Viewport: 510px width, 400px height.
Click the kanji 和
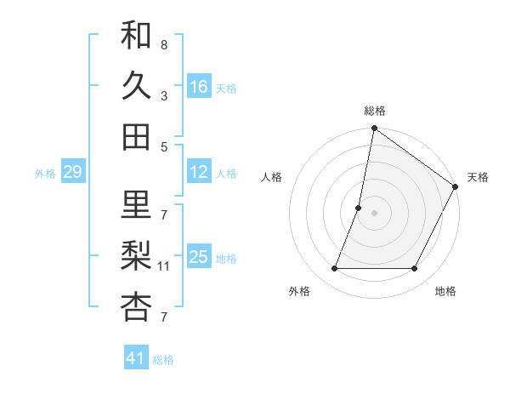click(136, 35)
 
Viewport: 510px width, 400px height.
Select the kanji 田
click(136, 136)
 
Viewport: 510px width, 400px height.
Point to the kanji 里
click(136, 205)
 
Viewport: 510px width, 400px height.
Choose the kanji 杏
click(136, 307)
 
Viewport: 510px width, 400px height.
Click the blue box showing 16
click(199, 87)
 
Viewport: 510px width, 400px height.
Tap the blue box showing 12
click(199, 172)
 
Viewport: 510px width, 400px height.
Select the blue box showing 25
click(199, 257)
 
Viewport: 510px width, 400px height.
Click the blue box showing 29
click(72, 172)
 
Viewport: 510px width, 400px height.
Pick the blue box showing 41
click(136, 358)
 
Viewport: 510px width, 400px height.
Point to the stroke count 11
click(165, 266)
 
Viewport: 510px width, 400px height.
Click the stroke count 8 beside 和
click(164, 44)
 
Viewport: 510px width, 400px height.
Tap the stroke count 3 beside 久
click(164, 95)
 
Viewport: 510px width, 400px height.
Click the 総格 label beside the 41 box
click(163, 360)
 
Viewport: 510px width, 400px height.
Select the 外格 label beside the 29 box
click(45, 174)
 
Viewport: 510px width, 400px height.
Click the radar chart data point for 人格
click(359, 208)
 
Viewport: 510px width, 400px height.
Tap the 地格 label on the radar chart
click(445, 291)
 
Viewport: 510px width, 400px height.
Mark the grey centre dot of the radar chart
click(374, 213)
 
